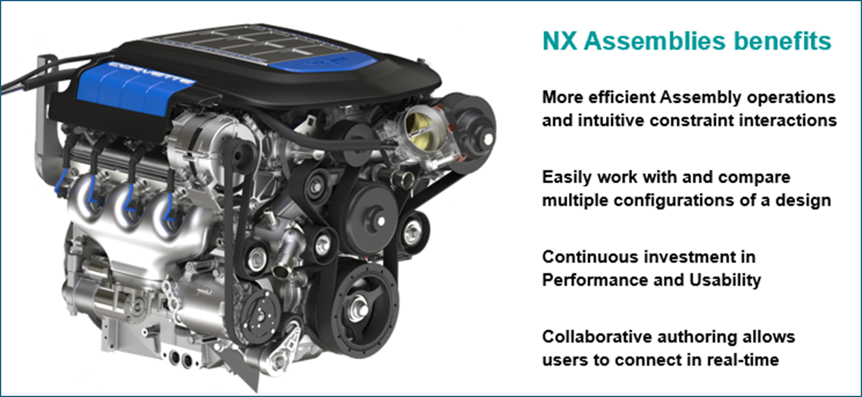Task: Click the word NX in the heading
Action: (560, 41)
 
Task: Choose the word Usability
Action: (725, 281)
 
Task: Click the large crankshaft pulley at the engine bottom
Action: (360, 309)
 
